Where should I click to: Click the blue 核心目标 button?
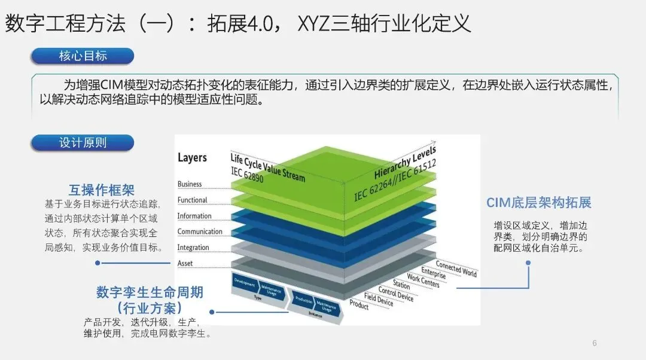tap(83, 56)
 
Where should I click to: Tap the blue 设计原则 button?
tap(83, 143)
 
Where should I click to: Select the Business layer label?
tap(190, 184)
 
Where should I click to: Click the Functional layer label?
tap(192, 200)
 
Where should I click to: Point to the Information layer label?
tap(194, 216)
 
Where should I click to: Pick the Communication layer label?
tap(200, 232)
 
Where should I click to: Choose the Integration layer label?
tap(193, 248)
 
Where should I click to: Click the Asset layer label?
tap(185, 263)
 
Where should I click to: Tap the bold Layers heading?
tap(192, 158)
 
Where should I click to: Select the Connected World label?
tap(456, 268)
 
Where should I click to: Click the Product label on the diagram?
tap(359, 305)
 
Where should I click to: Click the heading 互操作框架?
tap(102, 190)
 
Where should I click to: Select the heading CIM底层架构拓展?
tap(538, 203)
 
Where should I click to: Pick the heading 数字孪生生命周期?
tap(150, 292)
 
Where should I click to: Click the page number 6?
tap(594, 343)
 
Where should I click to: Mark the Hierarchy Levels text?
tap(405, 162)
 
